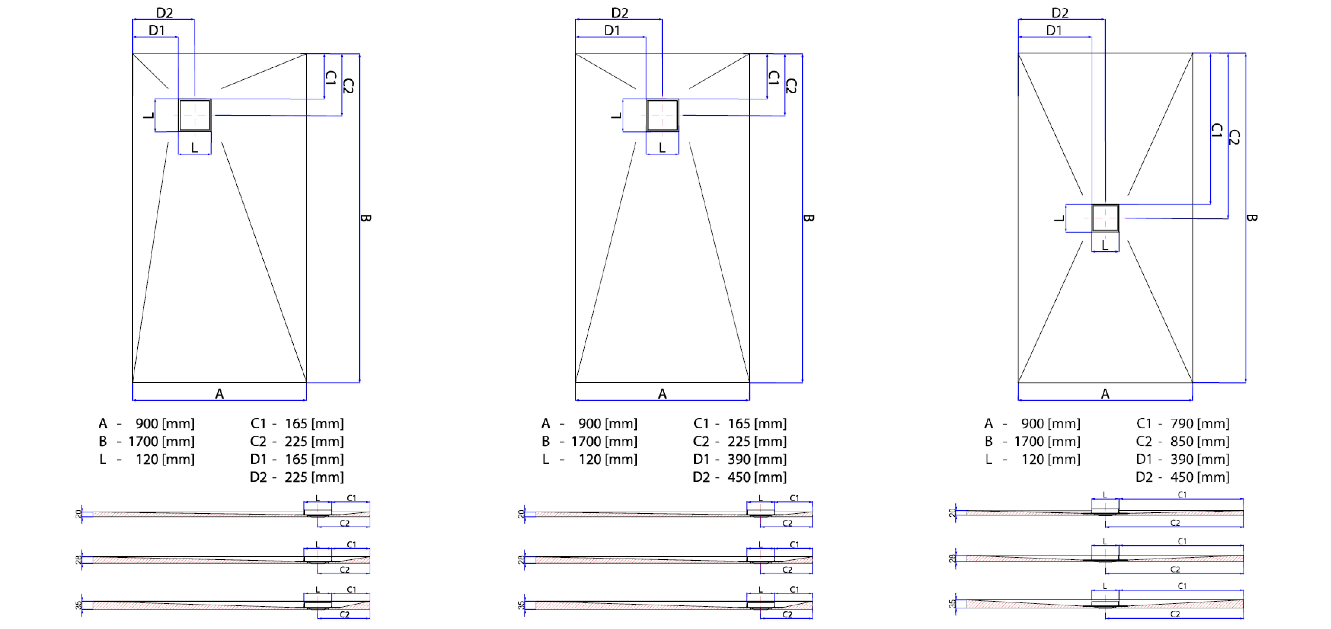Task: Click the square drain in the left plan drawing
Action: click(195, 115)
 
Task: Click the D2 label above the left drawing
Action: click(164, 12)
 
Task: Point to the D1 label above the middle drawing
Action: click(612, 31)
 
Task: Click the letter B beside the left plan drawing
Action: click(365, 218)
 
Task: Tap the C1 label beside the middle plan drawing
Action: click(773, 78)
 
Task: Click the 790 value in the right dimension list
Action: click(1182, 423)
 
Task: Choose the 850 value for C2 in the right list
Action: click(1182, 441)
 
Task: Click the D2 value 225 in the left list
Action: click(296, 477)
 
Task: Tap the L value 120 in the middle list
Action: click(589, 459)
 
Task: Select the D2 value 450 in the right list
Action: click(1182, 477)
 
